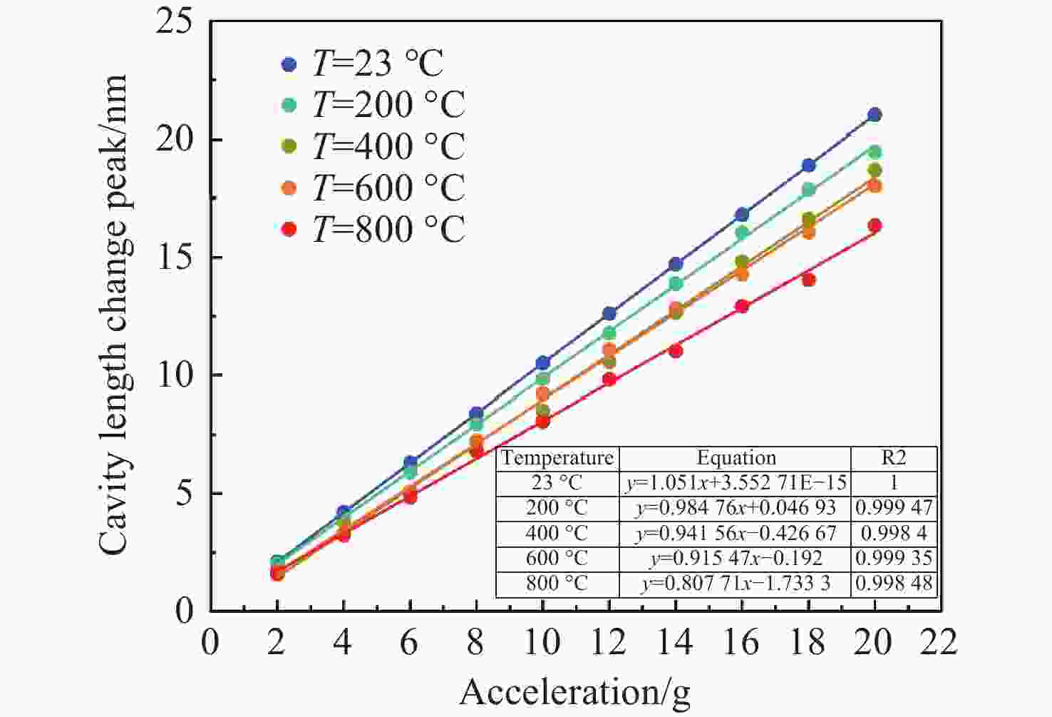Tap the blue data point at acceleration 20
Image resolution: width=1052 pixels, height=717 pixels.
point(875,115)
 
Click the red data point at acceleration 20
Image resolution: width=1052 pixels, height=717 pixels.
point(875,225)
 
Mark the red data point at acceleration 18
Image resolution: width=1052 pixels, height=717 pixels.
point(808,280)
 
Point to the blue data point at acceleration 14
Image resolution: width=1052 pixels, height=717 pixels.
point(676,265)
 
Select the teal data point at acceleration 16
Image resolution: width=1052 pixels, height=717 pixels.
point(742,233)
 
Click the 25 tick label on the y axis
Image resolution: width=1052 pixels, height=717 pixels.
point(175,23)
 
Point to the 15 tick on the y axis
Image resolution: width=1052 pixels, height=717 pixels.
point(175,258)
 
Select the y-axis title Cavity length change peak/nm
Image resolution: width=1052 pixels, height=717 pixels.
point(114,314)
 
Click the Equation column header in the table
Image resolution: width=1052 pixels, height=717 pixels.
point(736,458)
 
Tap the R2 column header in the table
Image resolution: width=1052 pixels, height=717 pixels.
point(894,458)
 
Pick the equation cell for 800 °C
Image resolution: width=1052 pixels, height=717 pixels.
point(736,584)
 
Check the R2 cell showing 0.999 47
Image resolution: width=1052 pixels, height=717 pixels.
point(894,508)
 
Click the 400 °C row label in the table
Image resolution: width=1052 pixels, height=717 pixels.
point(557,533)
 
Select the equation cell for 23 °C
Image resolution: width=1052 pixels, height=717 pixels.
point(736,483)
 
